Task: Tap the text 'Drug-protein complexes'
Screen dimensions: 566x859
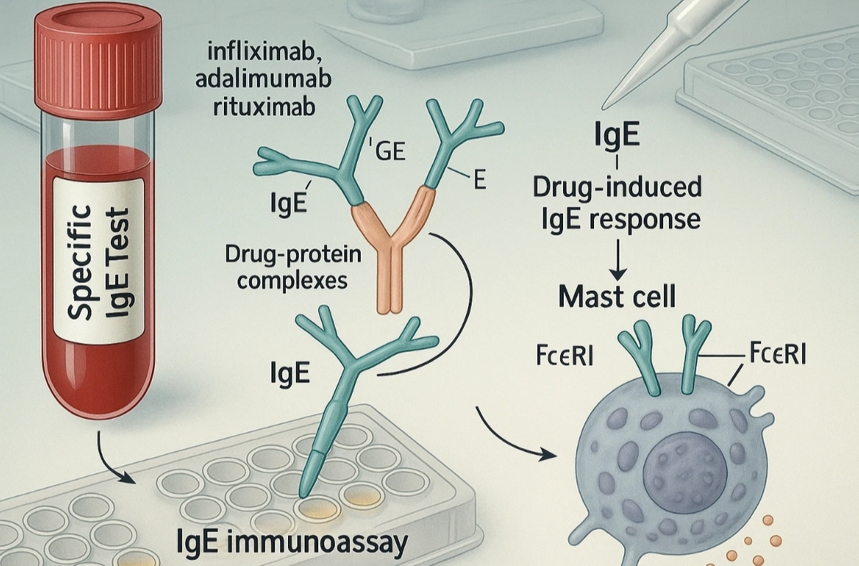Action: pos(285,266)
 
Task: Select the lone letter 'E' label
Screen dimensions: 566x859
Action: pos(479,181)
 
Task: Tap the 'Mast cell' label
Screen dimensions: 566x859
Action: pos(618,297)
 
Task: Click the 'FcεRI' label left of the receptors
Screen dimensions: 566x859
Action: pos(565,356)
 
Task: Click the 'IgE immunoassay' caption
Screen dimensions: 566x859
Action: pos(291,542)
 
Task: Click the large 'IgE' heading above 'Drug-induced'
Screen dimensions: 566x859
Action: pos(618,135)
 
